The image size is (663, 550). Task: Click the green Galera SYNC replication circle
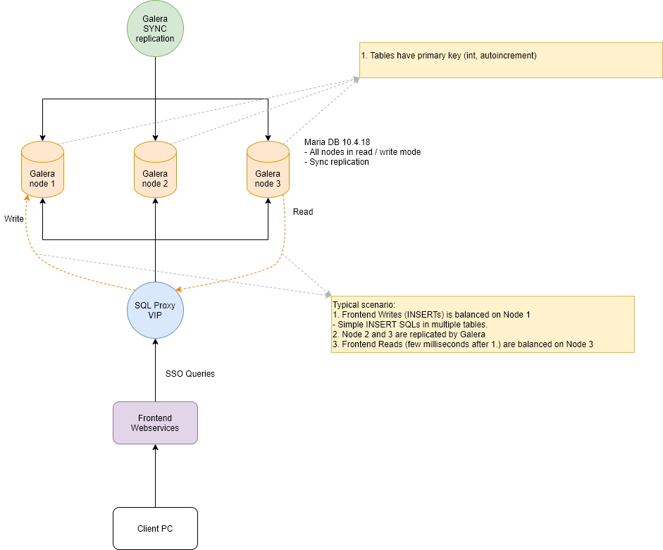pyautogui.click(x=155, y=29)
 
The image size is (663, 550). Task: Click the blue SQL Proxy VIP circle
pyautogui.click(x=155, y=311)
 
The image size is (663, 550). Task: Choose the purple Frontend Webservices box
pyautogui.click(x=155, y=423)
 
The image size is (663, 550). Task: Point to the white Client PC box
pyautogui.click(x=155, y=529)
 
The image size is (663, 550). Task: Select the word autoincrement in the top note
pyautogui.click(x=506, y=56)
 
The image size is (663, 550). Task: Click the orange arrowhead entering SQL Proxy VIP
pyautogui.click(x=179, y=289)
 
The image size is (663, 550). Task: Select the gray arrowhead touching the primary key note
pyautogui.click(x=356, y=79)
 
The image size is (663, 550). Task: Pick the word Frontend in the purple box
pyautogui.click(x=155, y=418)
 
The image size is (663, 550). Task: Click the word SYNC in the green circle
pyautogui.click(x=155, y=29)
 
